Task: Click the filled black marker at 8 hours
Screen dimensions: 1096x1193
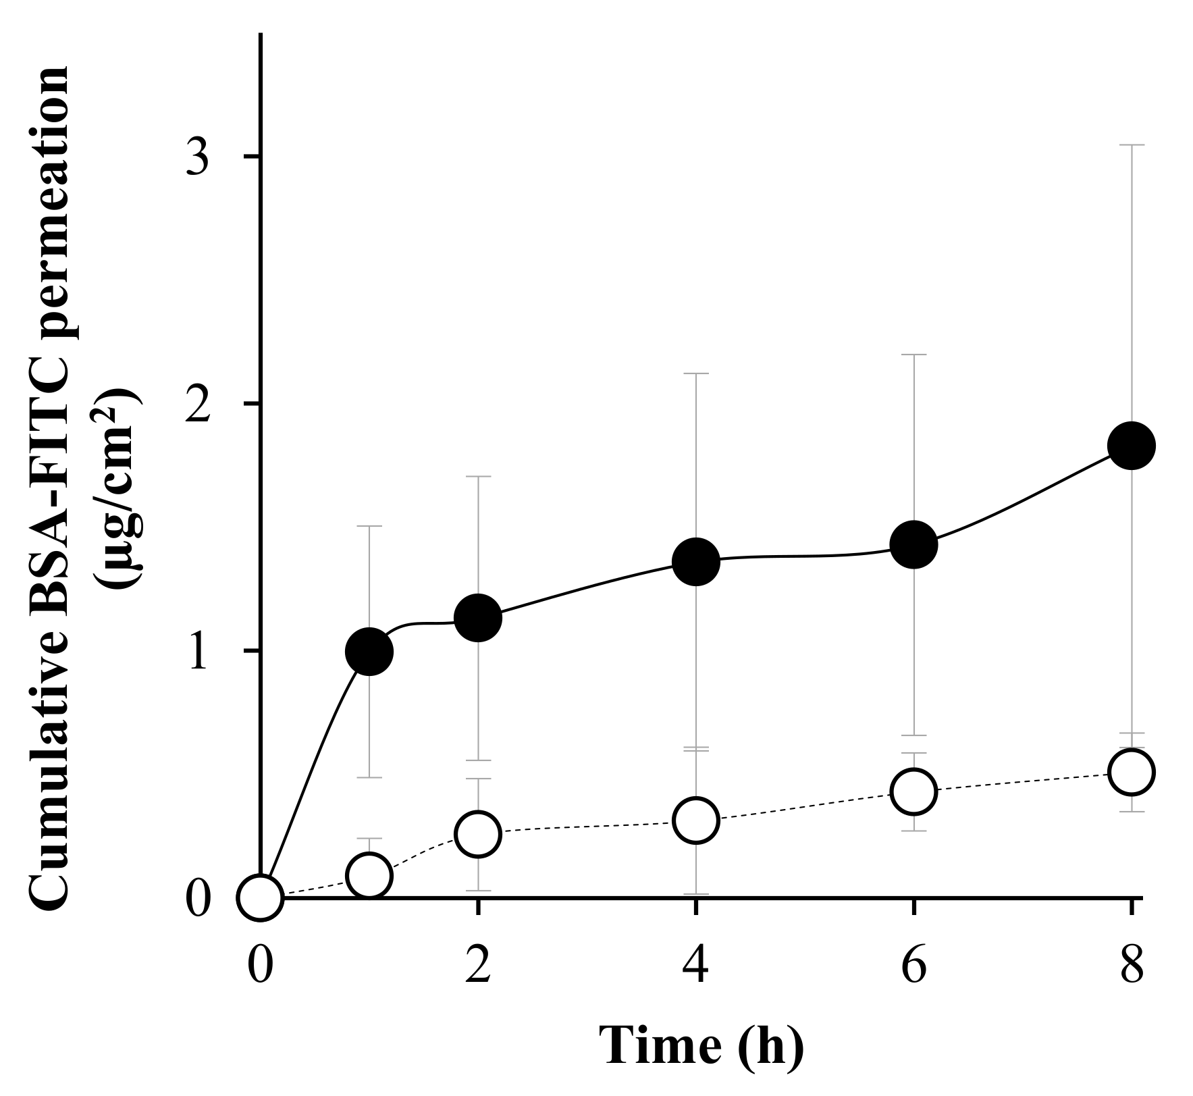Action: tap(1132, 446)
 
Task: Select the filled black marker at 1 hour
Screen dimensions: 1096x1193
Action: tap(369, 651)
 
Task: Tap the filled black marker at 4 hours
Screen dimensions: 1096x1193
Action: tap(696, 561)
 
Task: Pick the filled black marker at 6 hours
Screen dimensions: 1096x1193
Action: tap(913, 544)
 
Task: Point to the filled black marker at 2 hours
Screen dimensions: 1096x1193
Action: tap(478, 617)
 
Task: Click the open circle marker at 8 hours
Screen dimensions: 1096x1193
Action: tap(1132, 772)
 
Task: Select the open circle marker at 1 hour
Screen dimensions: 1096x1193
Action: tap(369, 876)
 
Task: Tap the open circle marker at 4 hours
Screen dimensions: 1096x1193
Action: tap(696, 820)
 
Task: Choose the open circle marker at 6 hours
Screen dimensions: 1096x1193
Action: tap(913, 791)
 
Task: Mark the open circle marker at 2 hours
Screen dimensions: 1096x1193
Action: tap(478, 834)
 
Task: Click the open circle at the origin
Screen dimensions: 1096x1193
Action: tap(261, 897)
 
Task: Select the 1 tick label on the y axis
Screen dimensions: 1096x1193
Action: tap(197, 652)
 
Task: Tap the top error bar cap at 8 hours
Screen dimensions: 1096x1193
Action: tap(1132, 145)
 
